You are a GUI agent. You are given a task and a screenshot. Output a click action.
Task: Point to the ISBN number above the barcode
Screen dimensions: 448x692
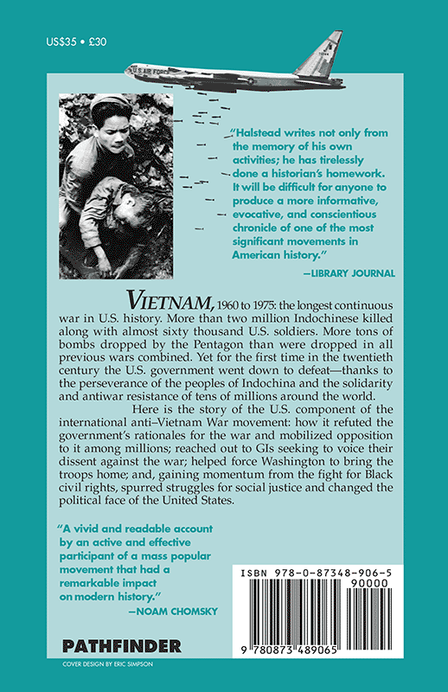click(317, 573)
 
